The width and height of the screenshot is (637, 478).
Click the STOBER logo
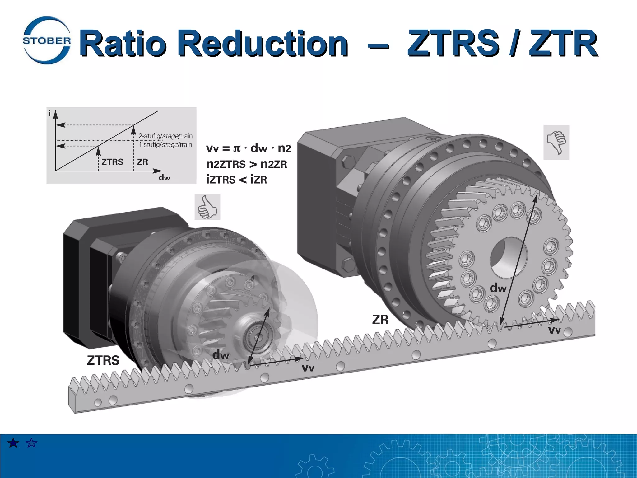(47, 40)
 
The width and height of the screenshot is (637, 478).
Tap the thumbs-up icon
(207, 207)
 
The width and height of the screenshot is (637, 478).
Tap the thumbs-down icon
(556, 142)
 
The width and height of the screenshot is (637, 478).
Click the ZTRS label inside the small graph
(112, 162)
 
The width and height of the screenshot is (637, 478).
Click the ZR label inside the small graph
(142, 162)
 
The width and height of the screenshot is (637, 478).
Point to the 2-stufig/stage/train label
(165, 136)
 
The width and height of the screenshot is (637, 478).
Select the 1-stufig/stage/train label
(165, 145)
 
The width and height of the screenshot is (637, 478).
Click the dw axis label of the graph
(164, 178)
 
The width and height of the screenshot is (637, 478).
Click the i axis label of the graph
(49, 114)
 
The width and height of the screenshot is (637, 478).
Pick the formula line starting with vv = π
(249, 148)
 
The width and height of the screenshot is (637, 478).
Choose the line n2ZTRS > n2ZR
(246, 164)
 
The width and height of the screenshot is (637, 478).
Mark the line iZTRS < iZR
(236, 180)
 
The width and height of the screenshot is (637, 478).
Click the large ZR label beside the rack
(380, 320)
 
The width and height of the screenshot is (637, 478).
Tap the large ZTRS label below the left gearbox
(103, 360)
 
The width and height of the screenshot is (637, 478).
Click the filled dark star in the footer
(13, 443)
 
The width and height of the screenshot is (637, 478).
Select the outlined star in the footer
(32, 443)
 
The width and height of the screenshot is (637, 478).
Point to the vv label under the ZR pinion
(554, 330)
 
